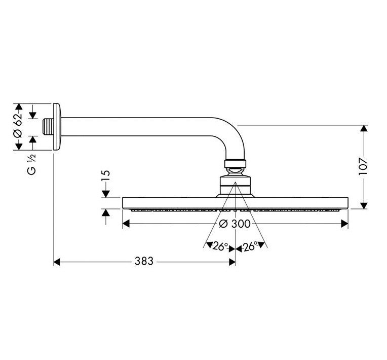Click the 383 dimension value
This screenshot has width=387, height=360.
[x=144, y=262]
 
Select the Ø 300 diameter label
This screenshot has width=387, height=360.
[x=236, y=224]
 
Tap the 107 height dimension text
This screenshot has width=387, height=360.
[x=363, y=166]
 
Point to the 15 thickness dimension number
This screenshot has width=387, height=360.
[x=106, y=178]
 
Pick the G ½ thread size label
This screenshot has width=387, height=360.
[x=31, y=163]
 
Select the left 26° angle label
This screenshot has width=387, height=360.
[x=219, y=247]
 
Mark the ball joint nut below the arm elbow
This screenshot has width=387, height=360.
[x=235, y=164]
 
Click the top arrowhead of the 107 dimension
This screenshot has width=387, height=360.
[x=363, y=128]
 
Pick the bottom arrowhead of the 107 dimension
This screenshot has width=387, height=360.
[x=363, y=205]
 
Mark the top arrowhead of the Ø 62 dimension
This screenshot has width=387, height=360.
[x=19, y=107]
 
